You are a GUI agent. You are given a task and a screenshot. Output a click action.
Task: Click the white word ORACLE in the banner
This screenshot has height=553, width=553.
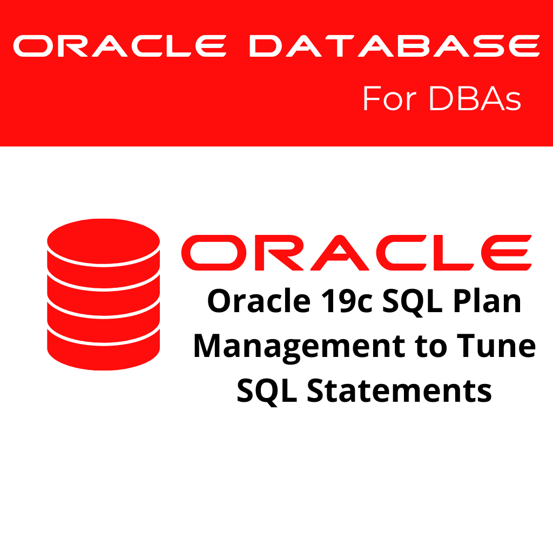click(119, 46)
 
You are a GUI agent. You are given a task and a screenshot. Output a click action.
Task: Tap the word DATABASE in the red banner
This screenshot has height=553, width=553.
click(394, 46)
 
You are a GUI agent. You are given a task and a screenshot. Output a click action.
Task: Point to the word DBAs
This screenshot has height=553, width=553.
click(475, 99)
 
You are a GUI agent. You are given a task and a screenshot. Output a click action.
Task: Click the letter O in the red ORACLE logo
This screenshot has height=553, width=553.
click(209, 253)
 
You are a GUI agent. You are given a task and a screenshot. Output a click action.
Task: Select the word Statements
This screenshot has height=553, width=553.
click(400, 390)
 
